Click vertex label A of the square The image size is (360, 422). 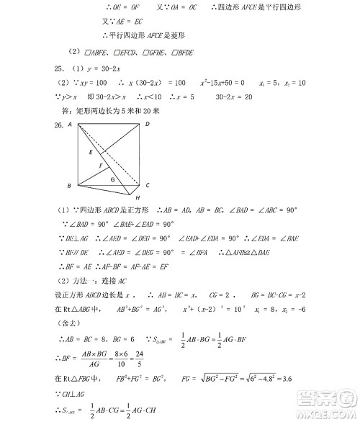tap(70, 125)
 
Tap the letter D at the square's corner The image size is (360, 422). tap(147, 125)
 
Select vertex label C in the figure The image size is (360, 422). tap(147, 185)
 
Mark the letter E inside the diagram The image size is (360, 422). tap(91, 153)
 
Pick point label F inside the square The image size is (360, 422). tap(102, 166)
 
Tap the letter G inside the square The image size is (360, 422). tap(112, 178)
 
